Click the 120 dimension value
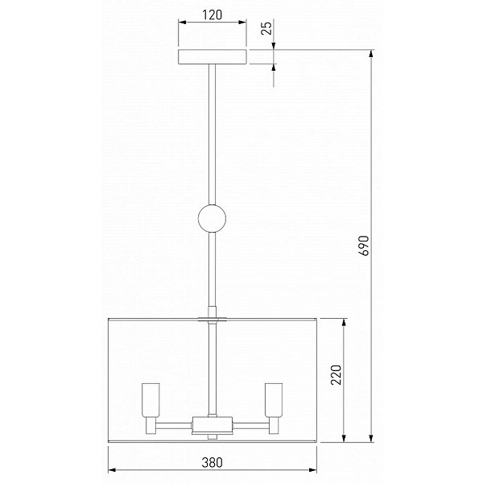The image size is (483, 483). tap(212, 14)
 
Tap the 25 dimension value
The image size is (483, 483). tap(267, 27)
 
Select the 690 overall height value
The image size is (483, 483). tap(364, 246)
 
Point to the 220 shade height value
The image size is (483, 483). tap(336, 375)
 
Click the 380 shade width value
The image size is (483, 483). tap(212, 462)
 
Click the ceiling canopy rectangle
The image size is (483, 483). tap(213, 56)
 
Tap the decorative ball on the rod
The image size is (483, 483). tap(212, 218)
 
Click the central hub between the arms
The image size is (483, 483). tap(212, 425)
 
